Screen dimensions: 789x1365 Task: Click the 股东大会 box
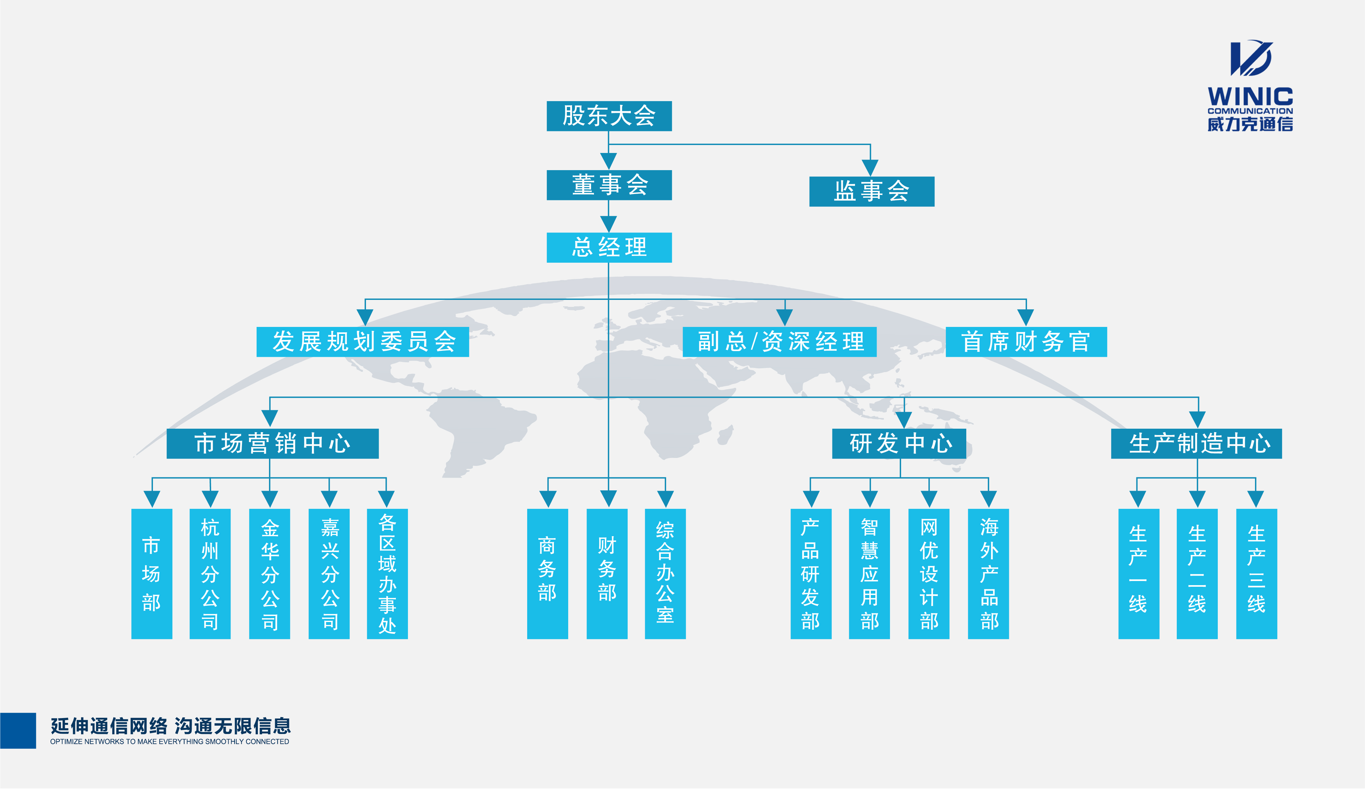point(609,116)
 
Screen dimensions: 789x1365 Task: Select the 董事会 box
point(609,185)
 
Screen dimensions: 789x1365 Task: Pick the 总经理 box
point(609,248)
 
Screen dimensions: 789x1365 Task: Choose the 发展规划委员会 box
point(362,342)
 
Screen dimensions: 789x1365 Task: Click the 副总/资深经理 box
point(779,342)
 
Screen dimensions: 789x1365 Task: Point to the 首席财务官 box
point(1026,342)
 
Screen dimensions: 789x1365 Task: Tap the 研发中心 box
point(899,443)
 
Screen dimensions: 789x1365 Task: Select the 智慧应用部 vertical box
point(869,573)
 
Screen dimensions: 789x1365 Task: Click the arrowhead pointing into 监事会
point(870,168)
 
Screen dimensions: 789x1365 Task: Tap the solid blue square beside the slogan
point(18,730)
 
